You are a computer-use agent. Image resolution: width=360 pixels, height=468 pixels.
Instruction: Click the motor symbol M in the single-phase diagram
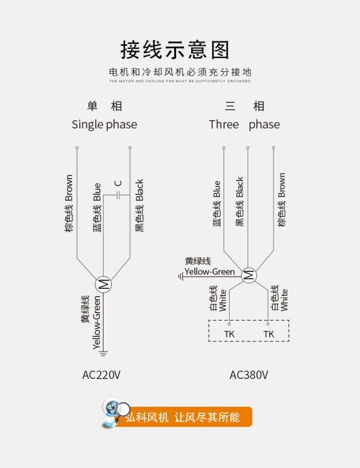(103, 285)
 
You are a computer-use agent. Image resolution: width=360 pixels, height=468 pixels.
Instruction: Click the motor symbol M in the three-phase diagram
(249, 275)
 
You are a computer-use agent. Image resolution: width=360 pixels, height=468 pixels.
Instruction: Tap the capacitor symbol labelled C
(118, 196)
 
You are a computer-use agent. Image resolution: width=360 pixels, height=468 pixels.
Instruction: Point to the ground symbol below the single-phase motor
(103, 353)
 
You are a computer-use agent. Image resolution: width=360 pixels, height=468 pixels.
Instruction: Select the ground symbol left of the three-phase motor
(181, 277)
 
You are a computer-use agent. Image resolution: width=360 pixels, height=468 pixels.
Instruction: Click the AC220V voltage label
(101, 375)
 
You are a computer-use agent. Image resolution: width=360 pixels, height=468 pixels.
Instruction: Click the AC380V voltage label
(249, 375)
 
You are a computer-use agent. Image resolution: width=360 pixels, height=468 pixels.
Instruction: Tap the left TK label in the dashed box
(229, 334)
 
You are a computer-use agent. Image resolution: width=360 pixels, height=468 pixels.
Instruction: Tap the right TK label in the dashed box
(269, 334)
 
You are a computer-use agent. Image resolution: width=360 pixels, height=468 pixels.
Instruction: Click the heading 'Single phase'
(104, 124)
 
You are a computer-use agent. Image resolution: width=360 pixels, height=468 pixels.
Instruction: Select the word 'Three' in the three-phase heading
(224, 124)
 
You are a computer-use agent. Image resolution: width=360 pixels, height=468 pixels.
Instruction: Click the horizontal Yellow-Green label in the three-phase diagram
(210, 272)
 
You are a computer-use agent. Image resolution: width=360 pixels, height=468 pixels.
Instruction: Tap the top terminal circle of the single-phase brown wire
(77, 147)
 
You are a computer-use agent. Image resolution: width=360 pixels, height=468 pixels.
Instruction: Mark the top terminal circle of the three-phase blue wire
(224, 147)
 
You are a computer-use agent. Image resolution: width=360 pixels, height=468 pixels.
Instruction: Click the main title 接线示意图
(175, 50)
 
